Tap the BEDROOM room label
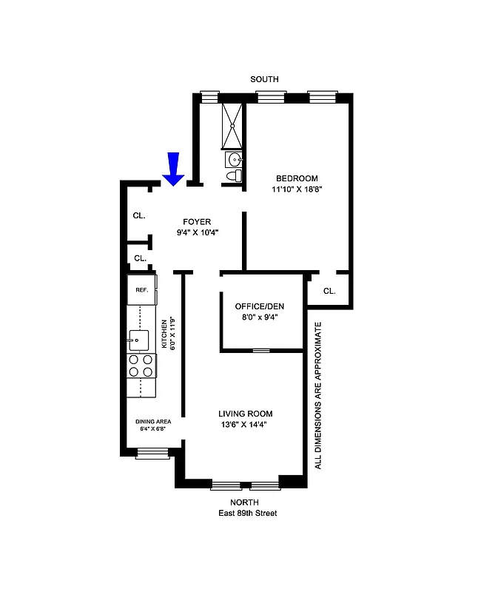(x=297, y=178)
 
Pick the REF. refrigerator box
(x=141, y=290)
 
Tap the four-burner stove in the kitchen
(x=141, y=366)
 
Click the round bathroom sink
(x=235, y=158)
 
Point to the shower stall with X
(x=233, y=126)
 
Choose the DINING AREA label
(x=153, y=421)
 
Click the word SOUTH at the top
(x=264, y=79)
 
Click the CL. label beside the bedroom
(x=329, y=291)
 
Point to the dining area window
(x=152, y=453)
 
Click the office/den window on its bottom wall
(x=261, y=350)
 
